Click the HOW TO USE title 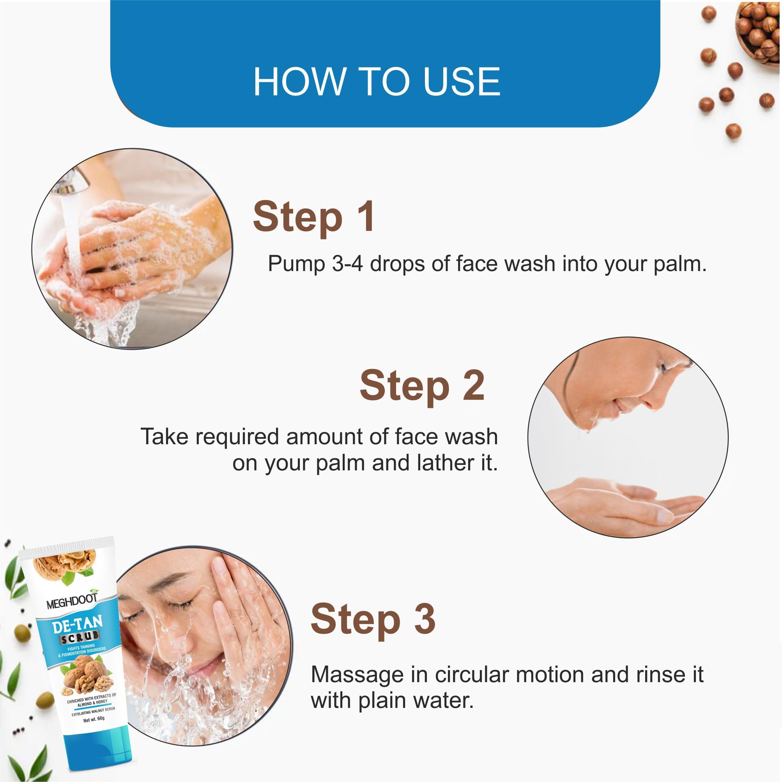(377, 82)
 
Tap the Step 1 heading (314, 218)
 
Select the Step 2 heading (422, 387)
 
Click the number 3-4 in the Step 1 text (347, 264)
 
